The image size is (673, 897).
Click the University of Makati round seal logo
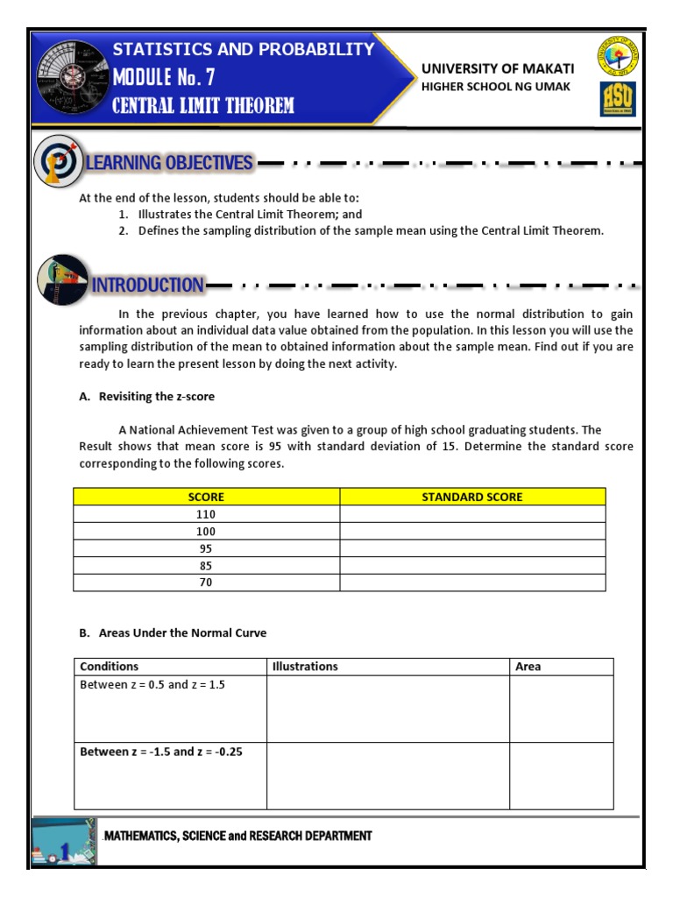point(618,58)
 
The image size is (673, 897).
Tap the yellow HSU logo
point(618,99)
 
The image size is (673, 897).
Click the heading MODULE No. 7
point(164,78)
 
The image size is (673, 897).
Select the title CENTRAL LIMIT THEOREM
point(203,107)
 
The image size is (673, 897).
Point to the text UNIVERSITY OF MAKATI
point(498,68)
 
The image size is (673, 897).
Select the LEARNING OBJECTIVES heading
point(170,163)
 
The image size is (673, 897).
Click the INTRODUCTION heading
point(147,286)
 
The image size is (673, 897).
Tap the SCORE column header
point(206,497)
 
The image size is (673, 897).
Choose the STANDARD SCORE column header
point(471,497)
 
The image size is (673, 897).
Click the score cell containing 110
point(206,514)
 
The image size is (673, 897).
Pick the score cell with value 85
point(206,566)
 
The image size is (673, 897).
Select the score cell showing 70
point(206,583)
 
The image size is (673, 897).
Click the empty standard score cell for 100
point(471,532)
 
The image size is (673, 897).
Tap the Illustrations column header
point(305,667)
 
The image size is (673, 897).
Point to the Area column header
point(528,667)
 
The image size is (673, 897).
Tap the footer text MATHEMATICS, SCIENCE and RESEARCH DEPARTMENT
point(237,837)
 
